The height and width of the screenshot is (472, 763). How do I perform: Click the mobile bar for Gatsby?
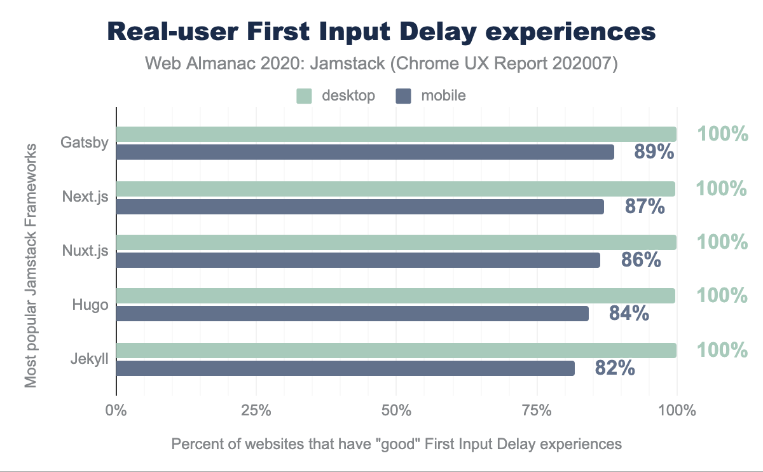point(365,152)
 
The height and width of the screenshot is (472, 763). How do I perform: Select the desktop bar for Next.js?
point(395,189)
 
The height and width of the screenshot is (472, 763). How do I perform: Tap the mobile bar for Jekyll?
point(345,368)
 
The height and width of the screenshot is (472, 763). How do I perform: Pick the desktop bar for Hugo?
point(395,296)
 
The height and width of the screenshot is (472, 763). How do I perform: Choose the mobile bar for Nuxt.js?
point(358,260)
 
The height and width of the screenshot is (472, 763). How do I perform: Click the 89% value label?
point(654,153)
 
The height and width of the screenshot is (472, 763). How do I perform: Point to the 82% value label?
point(615,368)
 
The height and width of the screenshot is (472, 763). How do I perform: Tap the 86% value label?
point(641,260)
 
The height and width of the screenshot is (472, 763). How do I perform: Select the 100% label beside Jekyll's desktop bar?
point(722,350)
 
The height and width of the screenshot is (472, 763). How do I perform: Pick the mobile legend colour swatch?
point(404,96)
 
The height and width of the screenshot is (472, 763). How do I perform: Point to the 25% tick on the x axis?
point(256,410)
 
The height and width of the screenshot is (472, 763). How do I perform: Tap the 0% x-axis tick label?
point(116,410)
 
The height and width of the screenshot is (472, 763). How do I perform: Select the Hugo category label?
point(90,305)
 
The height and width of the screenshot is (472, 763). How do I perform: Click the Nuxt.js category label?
point(85,251)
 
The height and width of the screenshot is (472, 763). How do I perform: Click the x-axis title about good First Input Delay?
point(396,443)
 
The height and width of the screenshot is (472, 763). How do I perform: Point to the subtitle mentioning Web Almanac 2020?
point(381,64)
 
